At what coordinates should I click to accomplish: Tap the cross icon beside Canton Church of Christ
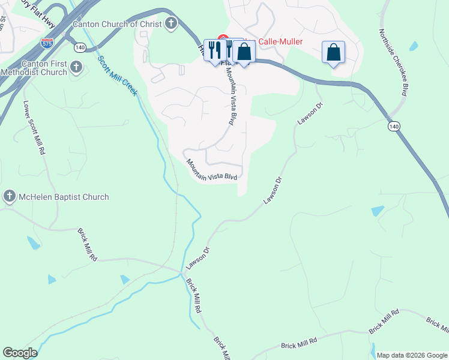point(171,24)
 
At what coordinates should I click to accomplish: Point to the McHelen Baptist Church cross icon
point(9,196)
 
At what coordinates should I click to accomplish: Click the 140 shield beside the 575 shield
point(80,46)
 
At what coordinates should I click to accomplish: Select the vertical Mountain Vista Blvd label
point(229,95)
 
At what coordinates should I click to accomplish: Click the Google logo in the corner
point(20,353)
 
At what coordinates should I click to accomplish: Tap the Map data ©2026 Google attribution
point(412,355)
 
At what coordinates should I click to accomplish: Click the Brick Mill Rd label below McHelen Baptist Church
point(87,244)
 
